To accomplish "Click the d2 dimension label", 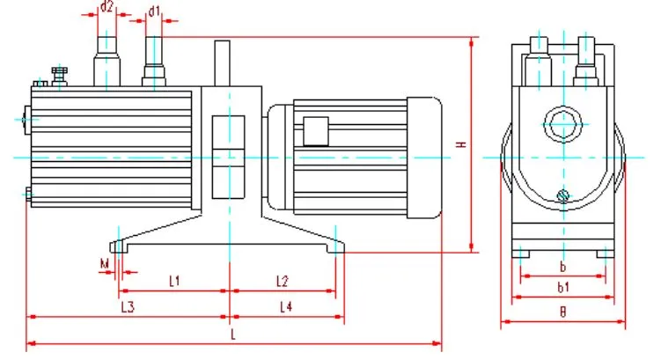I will (x=106, y=7).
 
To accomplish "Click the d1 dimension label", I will (x=155, y=11).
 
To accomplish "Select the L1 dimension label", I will (x=174, y=282).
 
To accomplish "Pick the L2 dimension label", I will (x=283, y=282).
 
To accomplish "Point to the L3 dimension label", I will (x=128, y=306).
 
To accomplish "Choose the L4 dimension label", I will (x=286, y=306).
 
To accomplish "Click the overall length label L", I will (x=232, y=335).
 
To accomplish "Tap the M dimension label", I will (x=104, y=263).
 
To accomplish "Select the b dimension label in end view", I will (x=562, y=265).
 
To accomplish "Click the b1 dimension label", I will (x=563, y=286).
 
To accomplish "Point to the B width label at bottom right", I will (x=563, y=312).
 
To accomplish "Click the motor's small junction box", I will (x=314, y=130).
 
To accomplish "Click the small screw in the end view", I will (x=563, y=195).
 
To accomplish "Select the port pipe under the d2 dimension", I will (x=106, y=58).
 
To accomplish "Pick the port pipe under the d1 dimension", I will (x=154, y=60).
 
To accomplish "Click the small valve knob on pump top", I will (x=59, y=75).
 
